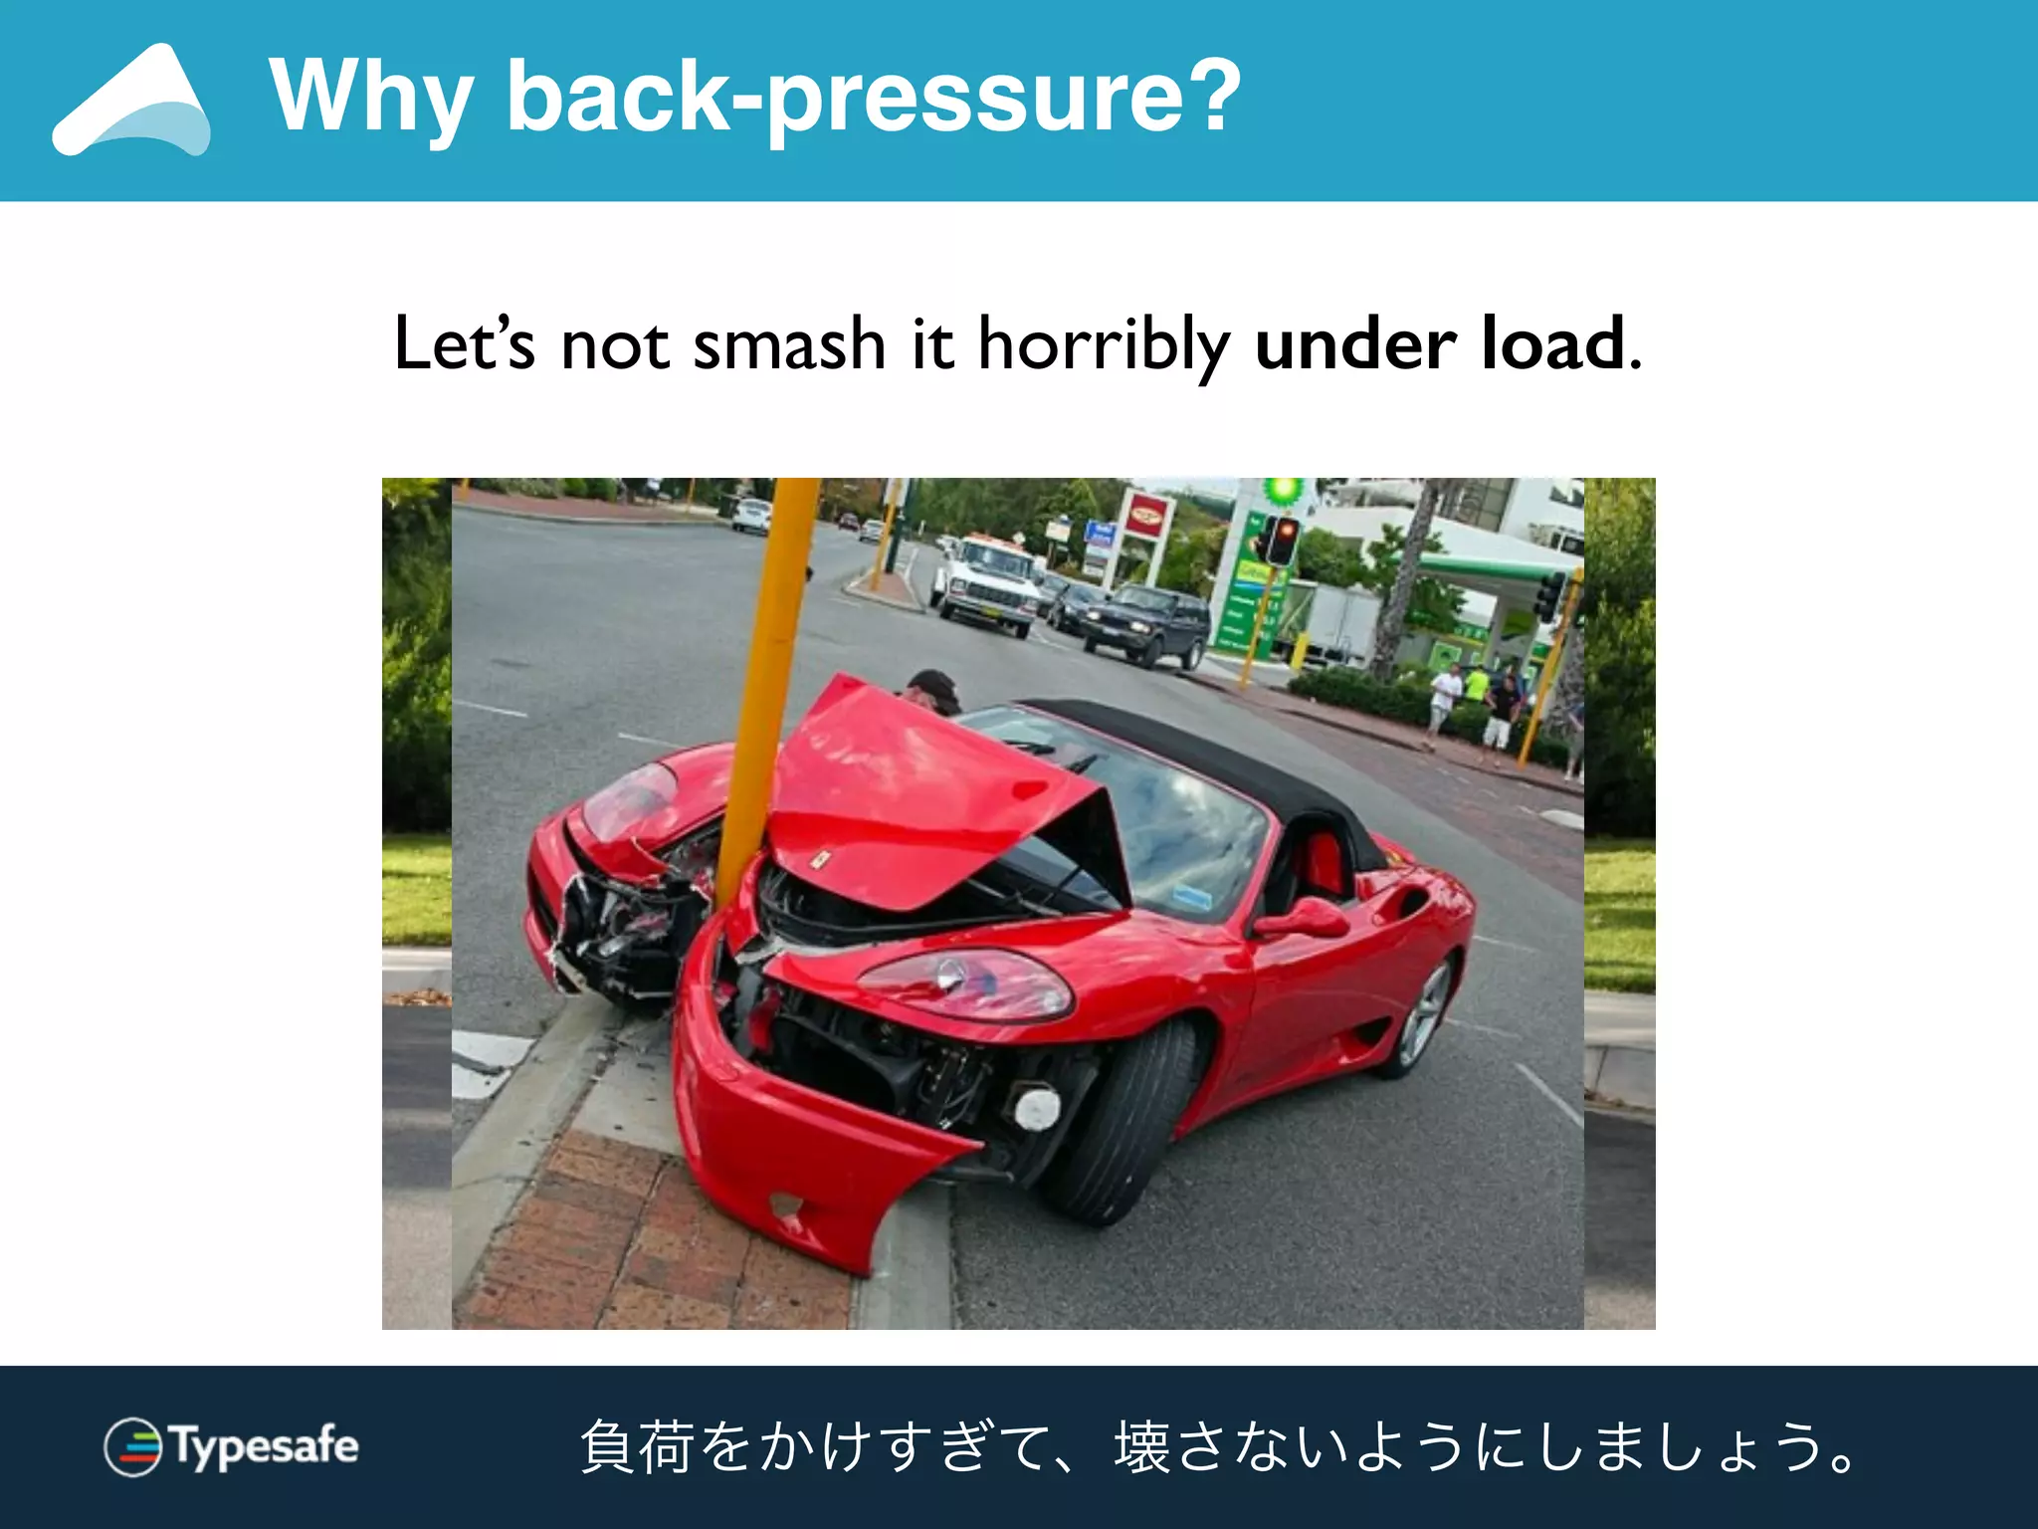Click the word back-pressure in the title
point(874,98)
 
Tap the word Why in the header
point(370,98)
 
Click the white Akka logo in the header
point(132,102)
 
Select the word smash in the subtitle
point(788,344)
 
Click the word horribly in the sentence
point(1104,344)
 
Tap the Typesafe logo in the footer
point(232,1446)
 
